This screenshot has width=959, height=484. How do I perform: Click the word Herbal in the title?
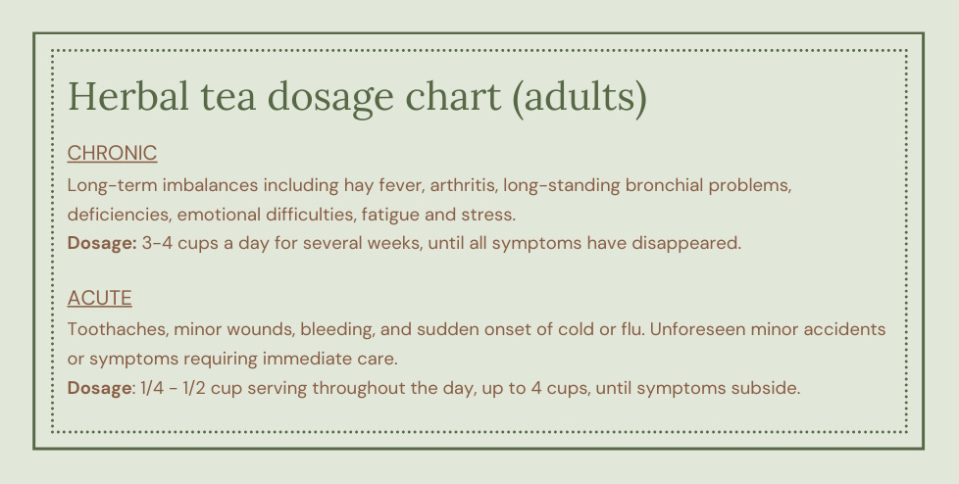128,96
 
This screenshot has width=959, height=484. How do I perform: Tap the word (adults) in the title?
580,98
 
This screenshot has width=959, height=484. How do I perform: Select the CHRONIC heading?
112,154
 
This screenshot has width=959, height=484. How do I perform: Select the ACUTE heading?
100,298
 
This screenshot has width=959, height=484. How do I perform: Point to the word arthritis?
463,185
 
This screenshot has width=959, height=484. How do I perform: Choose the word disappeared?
686,244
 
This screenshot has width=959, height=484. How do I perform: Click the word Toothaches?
118,329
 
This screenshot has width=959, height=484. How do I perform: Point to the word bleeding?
337,330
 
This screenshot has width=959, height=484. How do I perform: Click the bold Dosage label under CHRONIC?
102,244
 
